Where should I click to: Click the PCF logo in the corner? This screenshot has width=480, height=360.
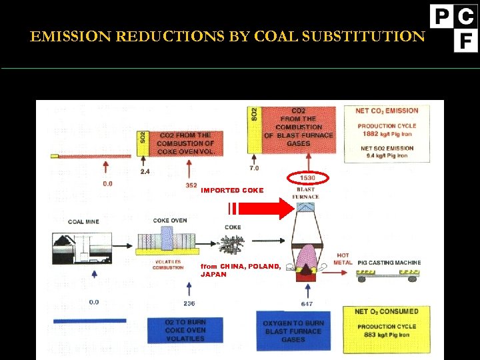454,27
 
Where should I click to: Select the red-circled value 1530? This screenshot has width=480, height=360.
308,178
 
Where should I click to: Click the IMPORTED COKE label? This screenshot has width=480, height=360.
232,191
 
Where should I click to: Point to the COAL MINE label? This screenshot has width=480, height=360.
83,222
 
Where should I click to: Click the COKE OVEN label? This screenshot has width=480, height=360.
170,221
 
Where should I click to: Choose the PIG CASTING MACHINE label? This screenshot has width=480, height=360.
389,263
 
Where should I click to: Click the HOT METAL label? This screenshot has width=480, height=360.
343,259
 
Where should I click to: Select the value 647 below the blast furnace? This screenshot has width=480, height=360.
307,304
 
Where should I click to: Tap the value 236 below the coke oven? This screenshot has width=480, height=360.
189,303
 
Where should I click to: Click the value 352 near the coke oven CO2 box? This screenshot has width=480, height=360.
191,185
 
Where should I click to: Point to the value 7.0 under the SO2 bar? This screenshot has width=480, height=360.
254,168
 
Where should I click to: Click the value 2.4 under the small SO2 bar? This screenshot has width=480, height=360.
145,171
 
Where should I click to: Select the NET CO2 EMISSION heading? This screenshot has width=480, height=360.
387,111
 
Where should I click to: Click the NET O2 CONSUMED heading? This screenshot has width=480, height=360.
387,311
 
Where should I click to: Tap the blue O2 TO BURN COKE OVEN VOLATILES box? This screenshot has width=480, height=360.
177,331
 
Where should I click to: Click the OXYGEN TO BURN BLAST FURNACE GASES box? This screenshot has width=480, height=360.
293,331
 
